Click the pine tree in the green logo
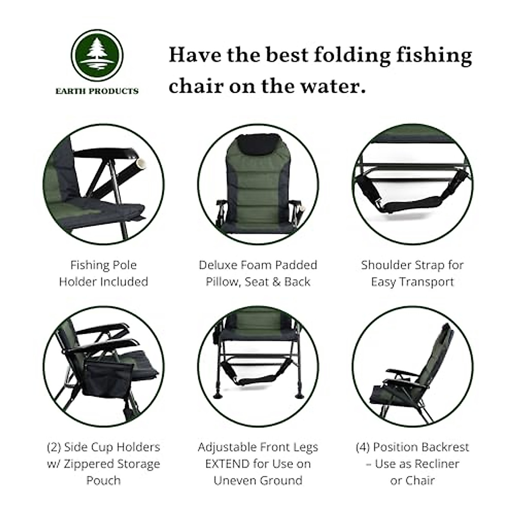(x=97, y=54)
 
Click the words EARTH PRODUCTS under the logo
(x=97, y=91)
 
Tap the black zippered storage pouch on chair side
(x=100, y=377)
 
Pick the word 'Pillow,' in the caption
(x=222, y=282)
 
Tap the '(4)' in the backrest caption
(x=363, y=447)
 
